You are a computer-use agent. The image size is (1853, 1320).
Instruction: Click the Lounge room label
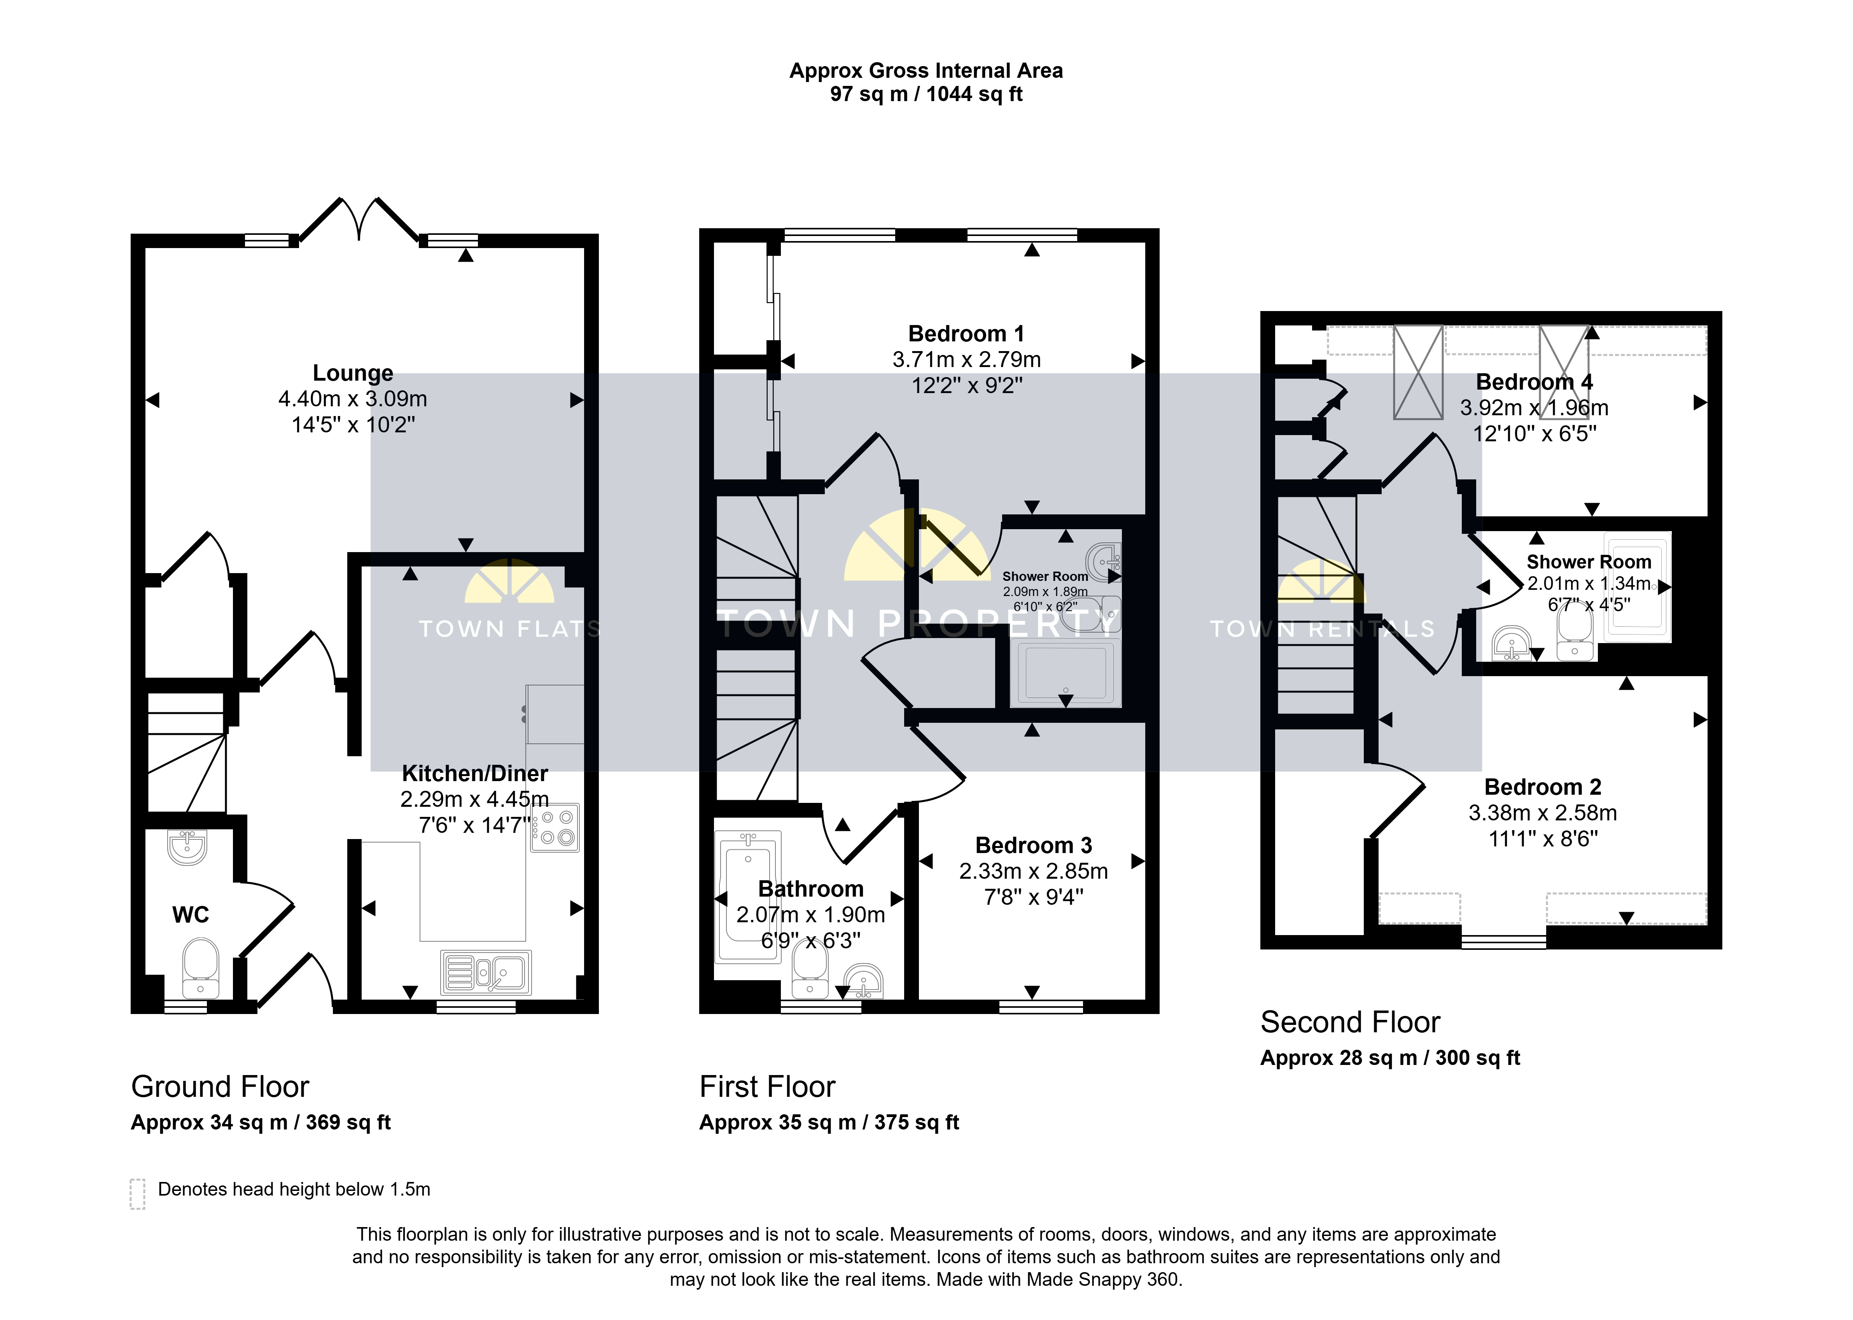(x=353, y=373)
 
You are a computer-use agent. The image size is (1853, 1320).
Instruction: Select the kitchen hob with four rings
(x=555, y=827)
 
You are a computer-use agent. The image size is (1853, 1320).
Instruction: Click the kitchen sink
(x=486, y=972)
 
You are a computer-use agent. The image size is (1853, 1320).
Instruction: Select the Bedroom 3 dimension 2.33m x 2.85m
(x=1033, y=871)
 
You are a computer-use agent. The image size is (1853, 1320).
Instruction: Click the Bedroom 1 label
(x=966, y=334)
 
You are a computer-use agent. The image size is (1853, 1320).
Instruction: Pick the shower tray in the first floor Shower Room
(x=1066, y=673)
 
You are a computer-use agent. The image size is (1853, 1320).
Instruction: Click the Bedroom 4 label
(x=1535, y=382)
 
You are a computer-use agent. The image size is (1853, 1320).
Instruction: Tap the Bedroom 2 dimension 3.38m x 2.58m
(x=1543, y=813)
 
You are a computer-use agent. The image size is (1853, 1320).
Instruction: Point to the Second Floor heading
(x=1350, y=1022)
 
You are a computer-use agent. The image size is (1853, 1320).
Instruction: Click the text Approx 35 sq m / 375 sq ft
(x=829, y=1122)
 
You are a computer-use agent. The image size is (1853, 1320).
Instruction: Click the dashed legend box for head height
(x=137, y=1194)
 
